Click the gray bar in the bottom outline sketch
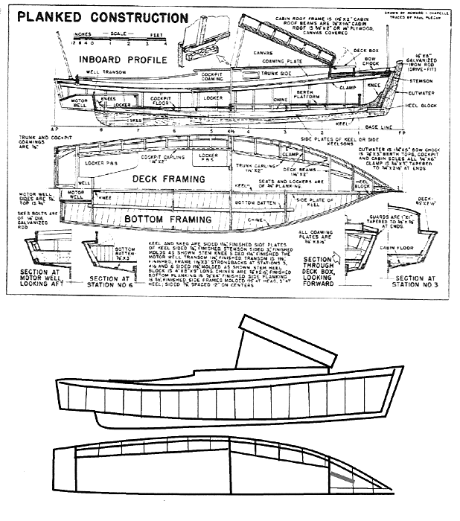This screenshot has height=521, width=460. [x=342, y=474]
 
